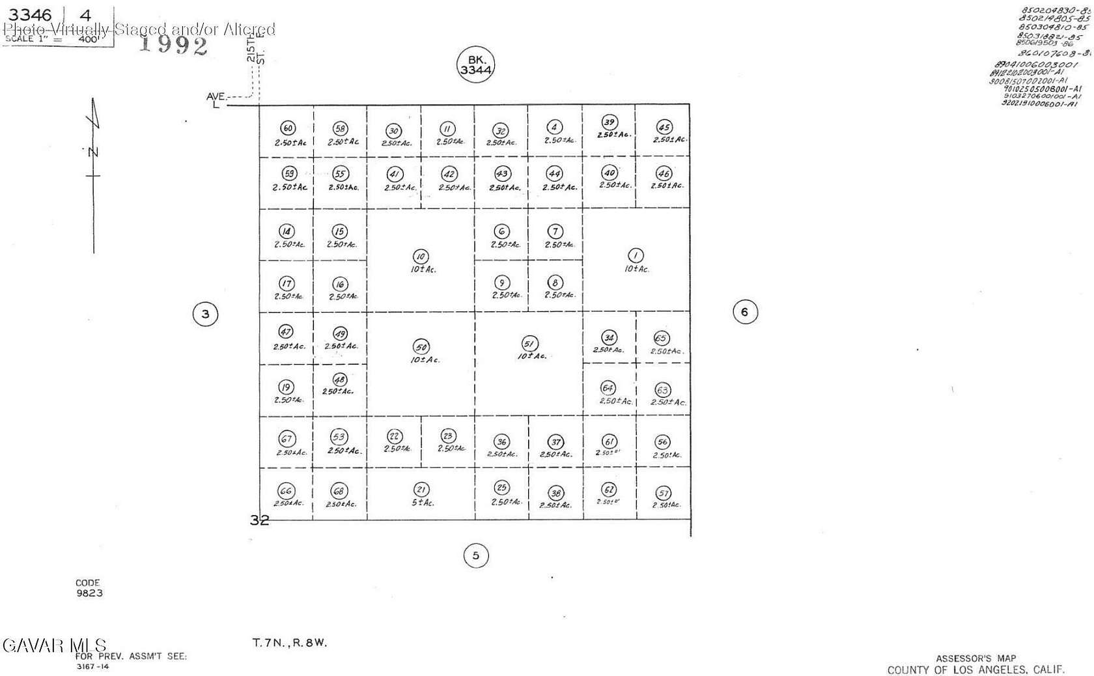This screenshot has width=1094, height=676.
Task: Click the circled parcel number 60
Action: (287, 128)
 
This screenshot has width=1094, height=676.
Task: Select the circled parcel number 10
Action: (421, 257)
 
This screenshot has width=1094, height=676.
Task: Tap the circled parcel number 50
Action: (421, 347)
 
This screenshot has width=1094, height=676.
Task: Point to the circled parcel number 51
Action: (529, 343)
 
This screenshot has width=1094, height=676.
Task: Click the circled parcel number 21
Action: (421, 490)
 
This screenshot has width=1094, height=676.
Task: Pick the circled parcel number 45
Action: (664, 127)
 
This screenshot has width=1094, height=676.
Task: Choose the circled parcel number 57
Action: (663, 493)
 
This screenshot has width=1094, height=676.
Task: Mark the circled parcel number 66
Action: (286, 491)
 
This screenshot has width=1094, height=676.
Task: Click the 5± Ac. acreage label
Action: (423, 503)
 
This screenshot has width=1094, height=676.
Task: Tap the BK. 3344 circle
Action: (475, 64)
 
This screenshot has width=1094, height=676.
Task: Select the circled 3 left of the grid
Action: (205, 314)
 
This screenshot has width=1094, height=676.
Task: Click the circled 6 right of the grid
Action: (745, 312)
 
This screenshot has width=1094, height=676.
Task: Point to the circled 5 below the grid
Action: (475, 556)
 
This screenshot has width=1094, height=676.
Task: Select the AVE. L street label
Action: (216, 100)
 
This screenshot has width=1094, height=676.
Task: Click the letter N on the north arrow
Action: (93, 152)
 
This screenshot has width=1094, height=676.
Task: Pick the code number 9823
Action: (89, 593)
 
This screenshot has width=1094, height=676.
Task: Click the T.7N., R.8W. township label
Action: (290, 643)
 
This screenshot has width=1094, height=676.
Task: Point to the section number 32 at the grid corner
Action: (259, 520)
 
